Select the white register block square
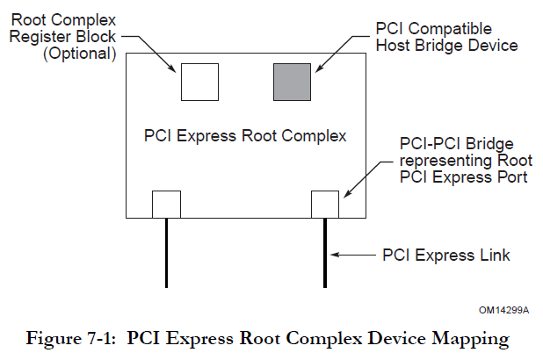tap(199, 82)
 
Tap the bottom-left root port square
tap(166, 204)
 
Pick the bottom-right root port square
tap(326, 204)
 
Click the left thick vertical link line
tap(166, 253)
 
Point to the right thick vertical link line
tap(326, 253)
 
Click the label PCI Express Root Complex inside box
tap(245, 136)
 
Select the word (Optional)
tap(82, 54)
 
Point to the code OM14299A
tap(504, 309)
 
